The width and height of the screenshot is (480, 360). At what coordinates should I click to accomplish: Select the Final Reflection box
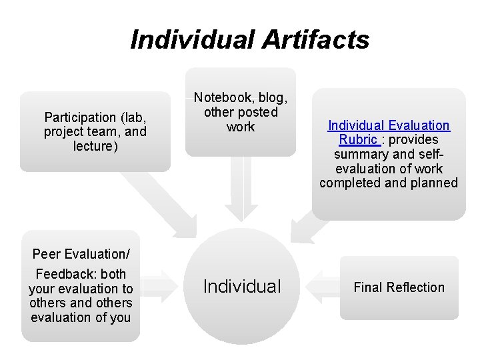pyautogui.click(x=399, y=287)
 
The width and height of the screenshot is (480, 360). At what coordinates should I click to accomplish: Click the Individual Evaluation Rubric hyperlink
pyautogui.click(x=388, y=132)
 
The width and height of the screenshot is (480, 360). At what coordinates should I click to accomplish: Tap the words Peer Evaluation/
pyautogui.click(x=81, y=254)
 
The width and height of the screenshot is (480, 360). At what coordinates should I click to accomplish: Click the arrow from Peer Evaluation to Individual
pyautogui.click(x=159, y=287)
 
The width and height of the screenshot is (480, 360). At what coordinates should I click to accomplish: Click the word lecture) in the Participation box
pyautogui.click(x=95, y=146)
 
